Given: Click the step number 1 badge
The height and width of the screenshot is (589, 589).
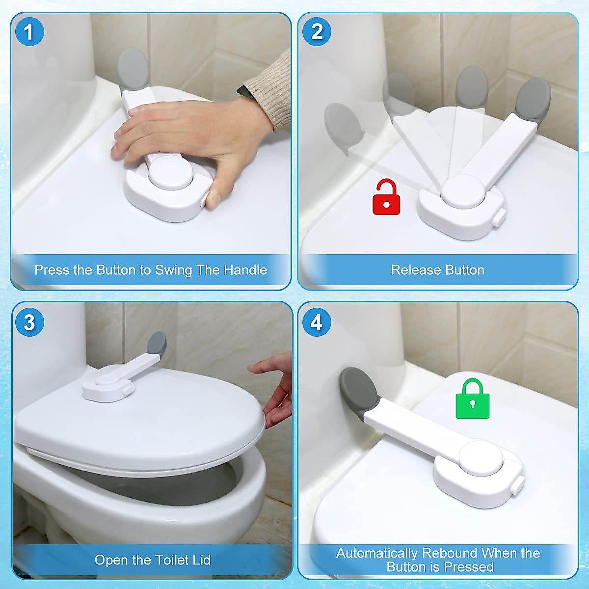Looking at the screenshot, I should pos(29,32).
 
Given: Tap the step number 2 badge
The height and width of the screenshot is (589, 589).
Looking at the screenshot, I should pos(317,32).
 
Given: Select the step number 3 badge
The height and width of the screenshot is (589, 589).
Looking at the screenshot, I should pos(29,322).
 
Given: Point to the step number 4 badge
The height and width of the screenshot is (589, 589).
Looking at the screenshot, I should pos(317,322).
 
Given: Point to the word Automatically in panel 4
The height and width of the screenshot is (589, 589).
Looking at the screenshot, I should pos(377,553).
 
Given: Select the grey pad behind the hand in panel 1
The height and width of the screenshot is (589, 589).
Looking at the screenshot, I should pos(133,69).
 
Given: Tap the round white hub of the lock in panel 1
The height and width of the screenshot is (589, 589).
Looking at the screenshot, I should pos(170,173).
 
